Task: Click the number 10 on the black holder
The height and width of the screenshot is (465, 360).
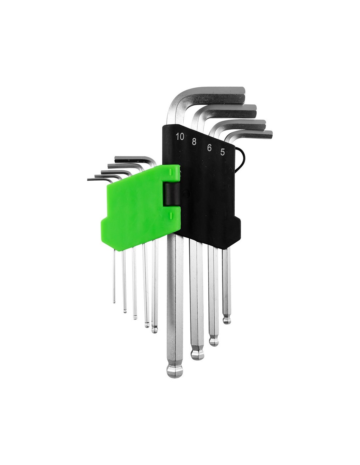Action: tap(180, 137)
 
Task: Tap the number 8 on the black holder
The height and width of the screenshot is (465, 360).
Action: tap(194, 142)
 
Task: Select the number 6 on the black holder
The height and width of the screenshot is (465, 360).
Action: tap(209, 147)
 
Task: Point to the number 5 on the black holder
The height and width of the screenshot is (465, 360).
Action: tap(223, 152)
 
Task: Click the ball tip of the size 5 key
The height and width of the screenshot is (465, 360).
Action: tap(227, 320)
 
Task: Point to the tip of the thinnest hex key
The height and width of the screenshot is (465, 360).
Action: tap(114, 302)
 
